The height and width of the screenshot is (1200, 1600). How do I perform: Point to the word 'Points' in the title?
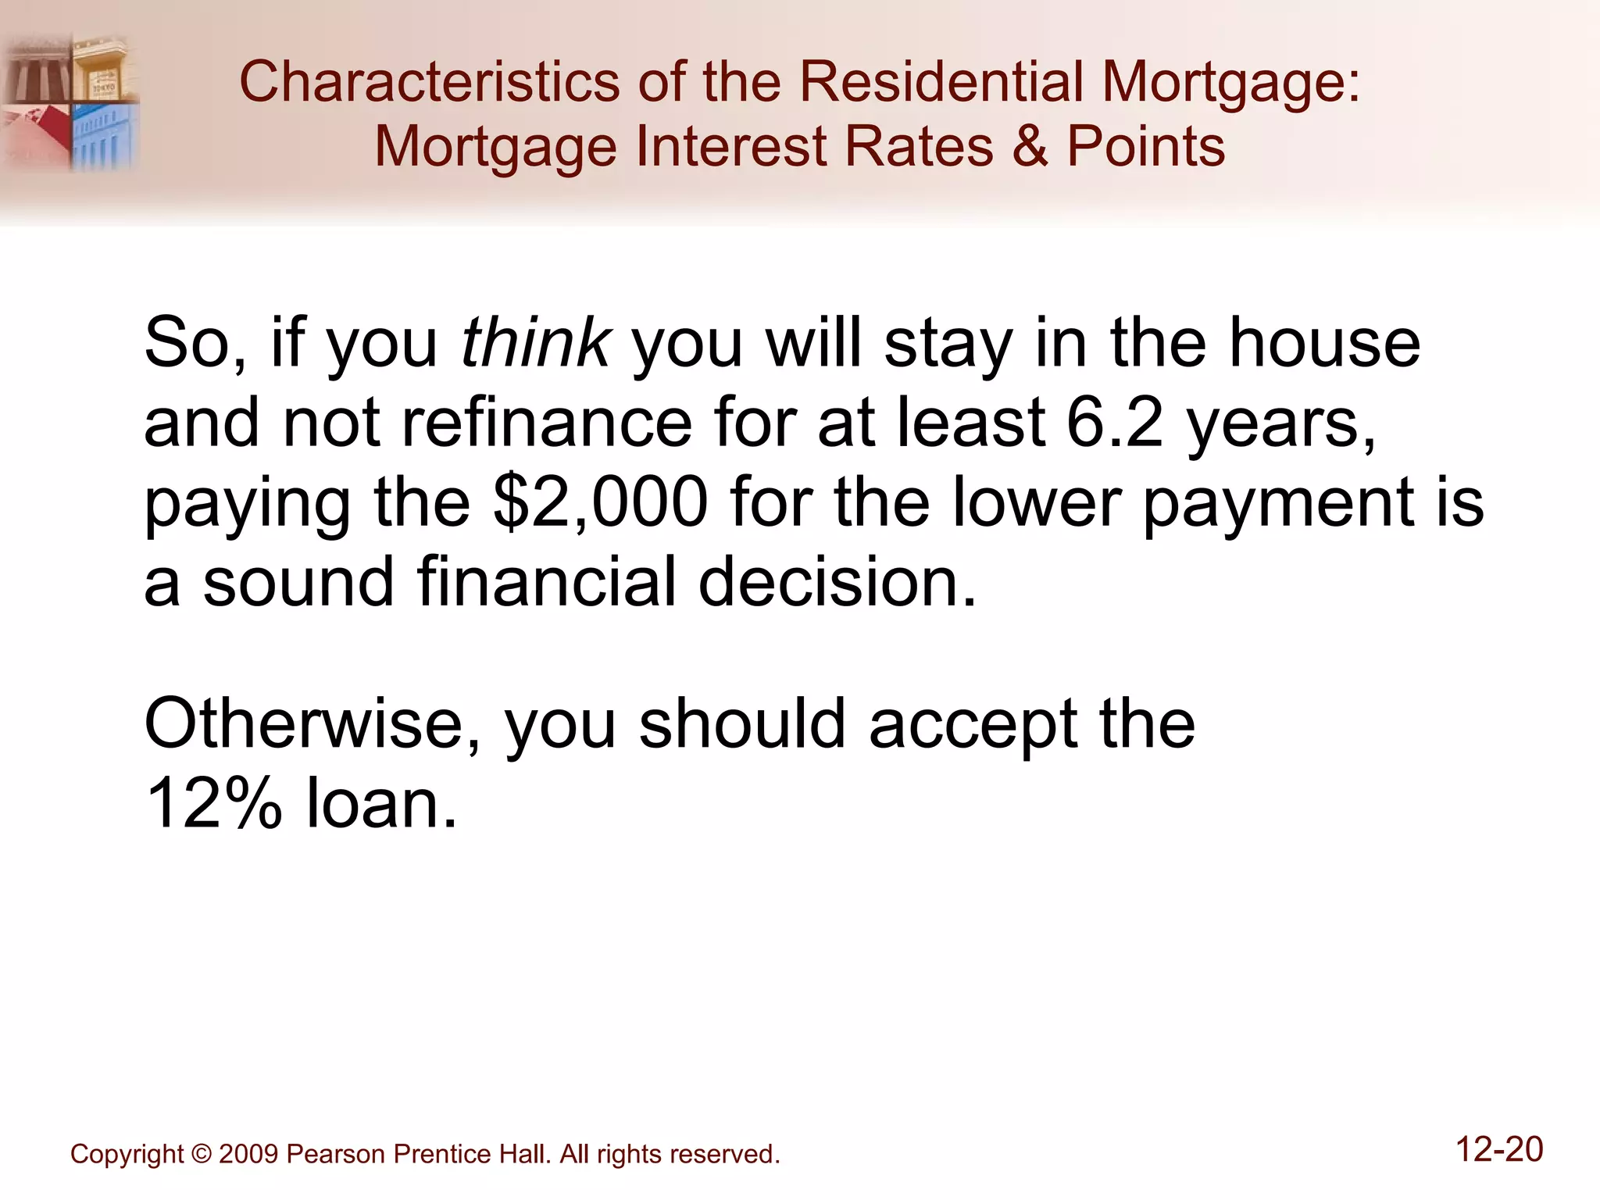pos(1146,146)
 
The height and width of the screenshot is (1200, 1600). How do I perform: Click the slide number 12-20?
pos(1499,1149)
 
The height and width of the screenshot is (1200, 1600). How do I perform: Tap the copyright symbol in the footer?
pos(201,1154)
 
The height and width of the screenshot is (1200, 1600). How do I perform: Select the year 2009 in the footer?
pos(248,1154)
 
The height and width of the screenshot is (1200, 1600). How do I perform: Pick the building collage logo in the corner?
pos(70,102)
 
